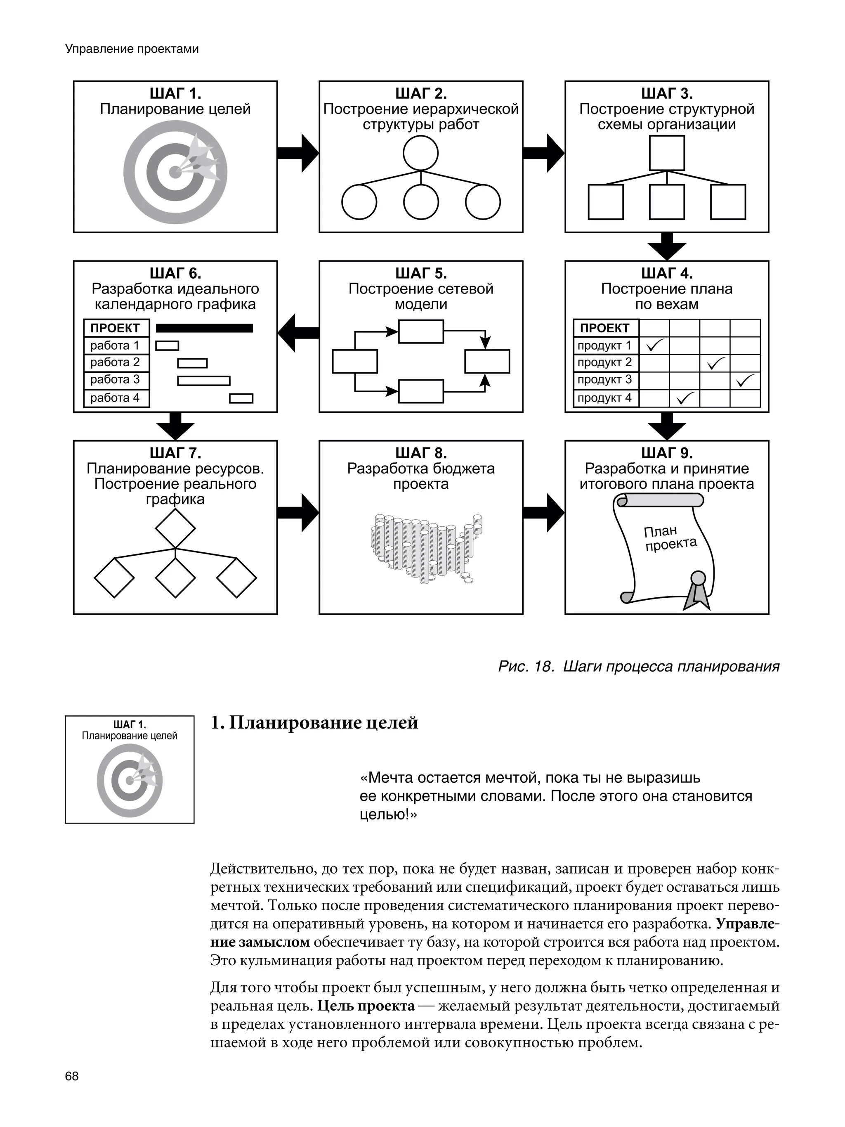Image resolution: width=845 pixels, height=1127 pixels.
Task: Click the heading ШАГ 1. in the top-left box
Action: point(175,94)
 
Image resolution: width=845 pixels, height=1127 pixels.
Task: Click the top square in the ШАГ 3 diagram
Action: point(666,153)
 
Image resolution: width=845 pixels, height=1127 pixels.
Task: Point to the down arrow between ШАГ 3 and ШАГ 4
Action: point(666,246)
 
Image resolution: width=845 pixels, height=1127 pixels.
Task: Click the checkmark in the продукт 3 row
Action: point(745,380)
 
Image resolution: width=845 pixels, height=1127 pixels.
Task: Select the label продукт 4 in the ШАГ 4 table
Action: point(604,398)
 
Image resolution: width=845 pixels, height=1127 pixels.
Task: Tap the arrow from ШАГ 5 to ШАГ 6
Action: point(298,333)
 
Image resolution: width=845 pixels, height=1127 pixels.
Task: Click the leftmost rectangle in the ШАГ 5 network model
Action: point(354,362)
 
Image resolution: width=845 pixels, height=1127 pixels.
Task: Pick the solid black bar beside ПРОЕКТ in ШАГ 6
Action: point(204,328)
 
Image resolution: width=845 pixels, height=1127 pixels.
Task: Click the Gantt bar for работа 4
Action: point(241,398)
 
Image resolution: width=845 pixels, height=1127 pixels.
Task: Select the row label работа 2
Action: point(115,362)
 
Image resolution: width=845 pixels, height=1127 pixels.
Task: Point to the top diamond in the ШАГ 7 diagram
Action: point(175,528)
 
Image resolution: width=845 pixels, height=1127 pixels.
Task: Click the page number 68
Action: point(72,1076)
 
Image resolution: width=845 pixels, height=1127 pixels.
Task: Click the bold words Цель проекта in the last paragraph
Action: point(366,1006)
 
